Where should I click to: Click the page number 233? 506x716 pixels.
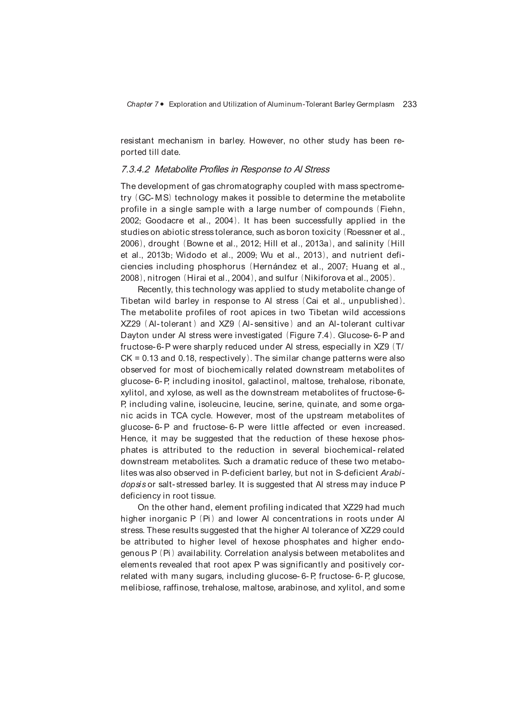(x=410, y=104)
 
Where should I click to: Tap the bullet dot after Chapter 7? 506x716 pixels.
(x=162, y=104)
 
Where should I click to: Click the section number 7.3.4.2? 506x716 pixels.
(x=135, y=169)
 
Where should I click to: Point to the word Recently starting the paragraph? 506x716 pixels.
(x=155, y=290)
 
